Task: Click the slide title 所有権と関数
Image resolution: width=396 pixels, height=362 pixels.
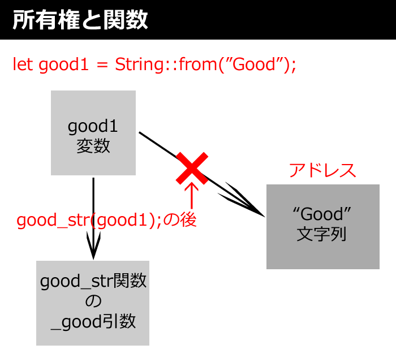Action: [x=80, y=20]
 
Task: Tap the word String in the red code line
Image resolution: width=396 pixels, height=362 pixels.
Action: [x=139, y=64]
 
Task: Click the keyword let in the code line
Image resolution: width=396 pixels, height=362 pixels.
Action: [x=23, y=64]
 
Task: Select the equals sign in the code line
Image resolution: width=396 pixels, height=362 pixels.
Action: [x=102, y=65]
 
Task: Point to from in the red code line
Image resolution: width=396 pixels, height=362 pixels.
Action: [x=198, y=64]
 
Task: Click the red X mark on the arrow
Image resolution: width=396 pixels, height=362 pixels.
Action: [x=192, y=168]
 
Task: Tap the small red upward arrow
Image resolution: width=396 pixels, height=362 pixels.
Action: [x=192, y=195]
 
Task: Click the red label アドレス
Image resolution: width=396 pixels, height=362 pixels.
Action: [x=322, y=170]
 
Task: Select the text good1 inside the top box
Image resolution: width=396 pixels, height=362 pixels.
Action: [x=93, y=127]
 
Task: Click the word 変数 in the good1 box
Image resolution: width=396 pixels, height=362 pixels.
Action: [x=93, y=146]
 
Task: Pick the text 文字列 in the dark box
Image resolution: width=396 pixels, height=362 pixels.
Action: [x=321, y=234]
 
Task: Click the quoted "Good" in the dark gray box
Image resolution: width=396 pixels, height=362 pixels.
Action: [x=322, y=214]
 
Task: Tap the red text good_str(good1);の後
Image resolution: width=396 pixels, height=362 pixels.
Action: [x=106, y=220]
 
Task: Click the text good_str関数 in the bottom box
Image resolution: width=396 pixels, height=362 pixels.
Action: [x=93, y=281]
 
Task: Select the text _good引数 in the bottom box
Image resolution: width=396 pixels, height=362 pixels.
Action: [x=93, y=321]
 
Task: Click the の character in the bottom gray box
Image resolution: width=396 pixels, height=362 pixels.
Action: [x=93, y=301]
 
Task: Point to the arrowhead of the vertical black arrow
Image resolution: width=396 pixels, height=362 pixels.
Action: [x=93, y=258]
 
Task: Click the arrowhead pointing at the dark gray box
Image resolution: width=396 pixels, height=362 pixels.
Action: [x=264, y=216]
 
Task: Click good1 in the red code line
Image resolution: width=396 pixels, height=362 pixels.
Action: [x=63, y=65]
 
